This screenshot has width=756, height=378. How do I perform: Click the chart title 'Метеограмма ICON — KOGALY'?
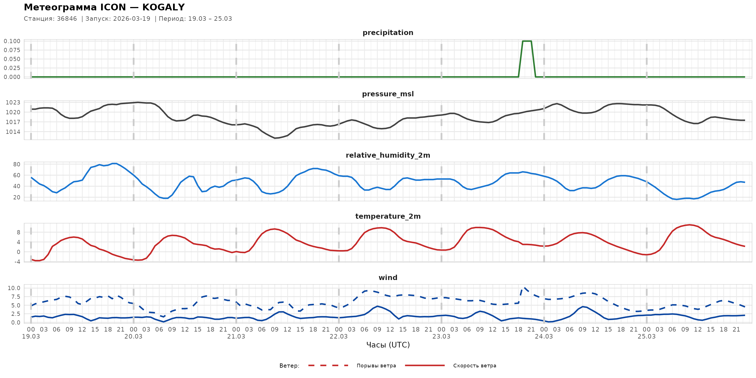[x=104, y=7]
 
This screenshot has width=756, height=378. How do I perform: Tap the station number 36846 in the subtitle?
[x=67, y=19]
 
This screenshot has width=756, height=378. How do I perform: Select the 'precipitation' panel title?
[x=388, y=32]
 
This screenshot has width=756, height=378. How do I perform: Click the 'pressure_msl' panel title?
[x=388, y=94]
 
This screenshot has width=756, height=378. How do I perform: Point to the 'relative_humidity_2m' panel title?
[x=388, y=155]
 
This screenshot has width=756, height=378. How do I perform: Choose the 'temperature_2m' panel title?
[x=388, y=216]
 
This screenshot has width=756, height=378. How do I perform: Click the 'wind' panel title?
[x=388, y=278]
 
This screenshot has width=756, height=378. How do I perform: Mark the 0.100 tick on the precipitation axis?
[x=12, y=41]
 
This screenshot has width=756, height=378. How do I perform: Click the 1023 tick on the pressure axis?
[x=13, y=102]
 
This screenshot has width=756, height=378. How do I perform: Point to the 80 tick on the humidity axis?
[x=17, y=164]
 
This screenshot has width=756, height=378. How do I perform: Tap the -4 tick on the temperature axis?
[x=17, y=262]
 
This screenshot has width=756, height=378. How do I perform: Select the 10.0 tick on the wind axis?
[x=14, y=288]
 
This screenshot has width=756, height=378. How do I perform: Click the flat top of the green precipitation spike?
[x=527, y=41]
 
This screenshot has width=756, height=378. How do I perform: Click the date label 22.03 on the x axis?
[x=339, y=336]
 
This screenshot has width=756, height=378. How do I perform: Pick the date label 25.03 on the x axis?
[x=646, y=336]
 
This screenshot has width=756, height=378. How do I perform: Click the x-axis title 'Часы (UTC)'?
[x=388, y=345]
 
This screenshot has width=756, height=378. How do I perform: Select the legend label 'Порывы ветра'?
[x=376, y=366]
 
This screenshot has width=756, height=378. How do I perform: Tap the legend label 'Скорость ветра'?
[x=475, y=366]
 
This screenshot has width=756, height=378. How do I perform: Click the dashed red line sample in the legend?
[x=328, y=365]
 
